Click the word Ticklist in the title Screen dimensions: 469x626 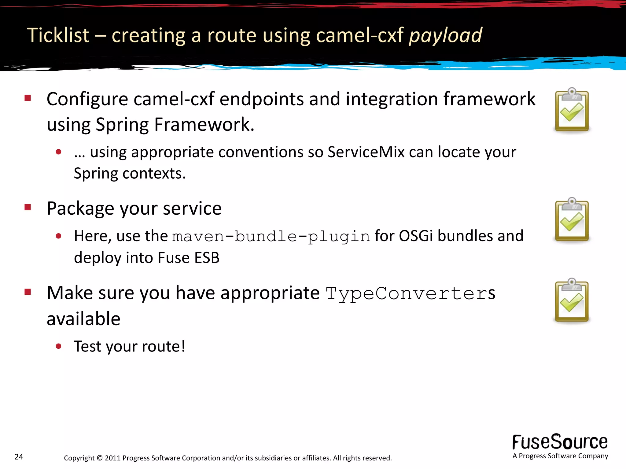[x=58, y=35]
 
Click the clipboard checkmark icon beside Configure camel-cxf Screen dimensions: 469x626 [x=572, y=110]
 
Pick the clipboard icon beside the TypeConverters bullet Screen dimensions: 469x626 [x=572, y=300]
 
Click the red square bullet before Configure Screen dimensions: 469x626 [x=28, y=98]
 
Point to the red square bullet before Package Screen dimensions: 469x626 [x=28, y=207]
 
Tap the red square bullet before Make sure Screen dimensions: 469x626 [x=28, y=292]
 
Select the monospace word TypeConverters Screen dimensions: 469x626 [x=410, y=293]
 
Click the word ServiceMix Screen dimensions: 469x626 [x=366, y=152]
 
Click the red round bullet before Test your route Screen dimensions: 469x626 [x=59, y=346]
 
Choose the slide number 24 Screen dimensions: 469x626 [x=19, y=457]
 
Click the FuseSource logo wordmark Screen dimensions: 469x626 [x=560, y=442]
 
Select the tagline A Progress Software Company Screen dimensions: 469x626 [x=560, y=456]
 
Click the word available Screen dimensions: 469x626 [x=83, y=318]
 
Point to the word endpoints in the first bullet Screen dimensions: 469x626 [x=262, y=99]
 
